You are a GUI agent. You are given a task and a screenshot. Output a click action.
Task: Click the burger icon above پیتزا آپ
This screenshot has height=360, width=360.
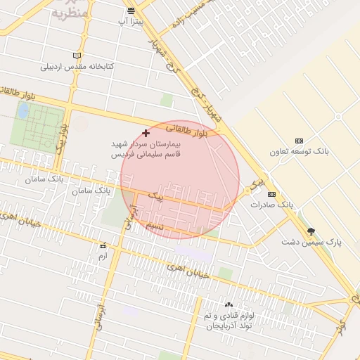point(131,11)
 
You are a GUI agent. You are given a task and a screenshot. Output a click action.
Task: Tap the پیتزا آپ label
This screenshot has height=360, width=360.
point(131,22)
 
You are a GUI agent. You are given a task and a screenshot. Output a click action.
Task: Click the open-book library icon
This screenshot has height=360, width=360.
point(77,56)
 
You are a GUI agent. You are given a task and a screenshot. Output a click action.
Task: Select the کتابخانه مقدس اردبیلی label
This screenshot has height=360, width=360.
point(77,67)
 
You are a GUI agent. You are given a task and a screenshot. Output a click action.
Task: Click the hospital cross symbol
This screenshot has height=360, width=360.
point(146,133)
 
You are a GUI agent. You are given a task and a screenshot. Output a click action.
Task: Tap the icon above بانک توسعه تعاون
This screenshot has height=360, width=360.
point(300,141)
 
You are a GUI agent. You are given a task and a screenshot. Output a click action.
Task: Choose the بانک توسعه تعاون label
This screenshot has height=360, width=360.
point(300,151)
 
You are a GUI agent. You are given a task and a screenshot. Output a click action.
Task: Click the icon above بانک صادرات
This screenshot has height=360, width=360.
point(271,194)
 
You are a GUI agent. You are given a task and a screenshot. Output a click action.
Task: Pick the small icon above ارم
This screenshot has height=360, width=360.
point(103,246)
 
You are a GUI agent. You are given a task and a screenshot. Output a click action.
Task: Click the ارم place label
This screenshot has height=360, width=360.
point(103,256)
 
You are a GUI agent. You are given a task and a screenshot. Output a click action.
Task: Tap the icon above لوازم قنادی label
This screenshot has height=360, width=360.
point(228,305)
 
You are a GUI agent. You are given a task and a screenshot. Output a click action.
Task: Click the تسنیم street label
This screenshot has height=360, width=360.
point(155,226)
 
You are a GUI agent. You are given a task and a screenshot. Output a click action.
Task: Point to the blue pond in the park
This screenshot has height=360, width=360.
point(23,110)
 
